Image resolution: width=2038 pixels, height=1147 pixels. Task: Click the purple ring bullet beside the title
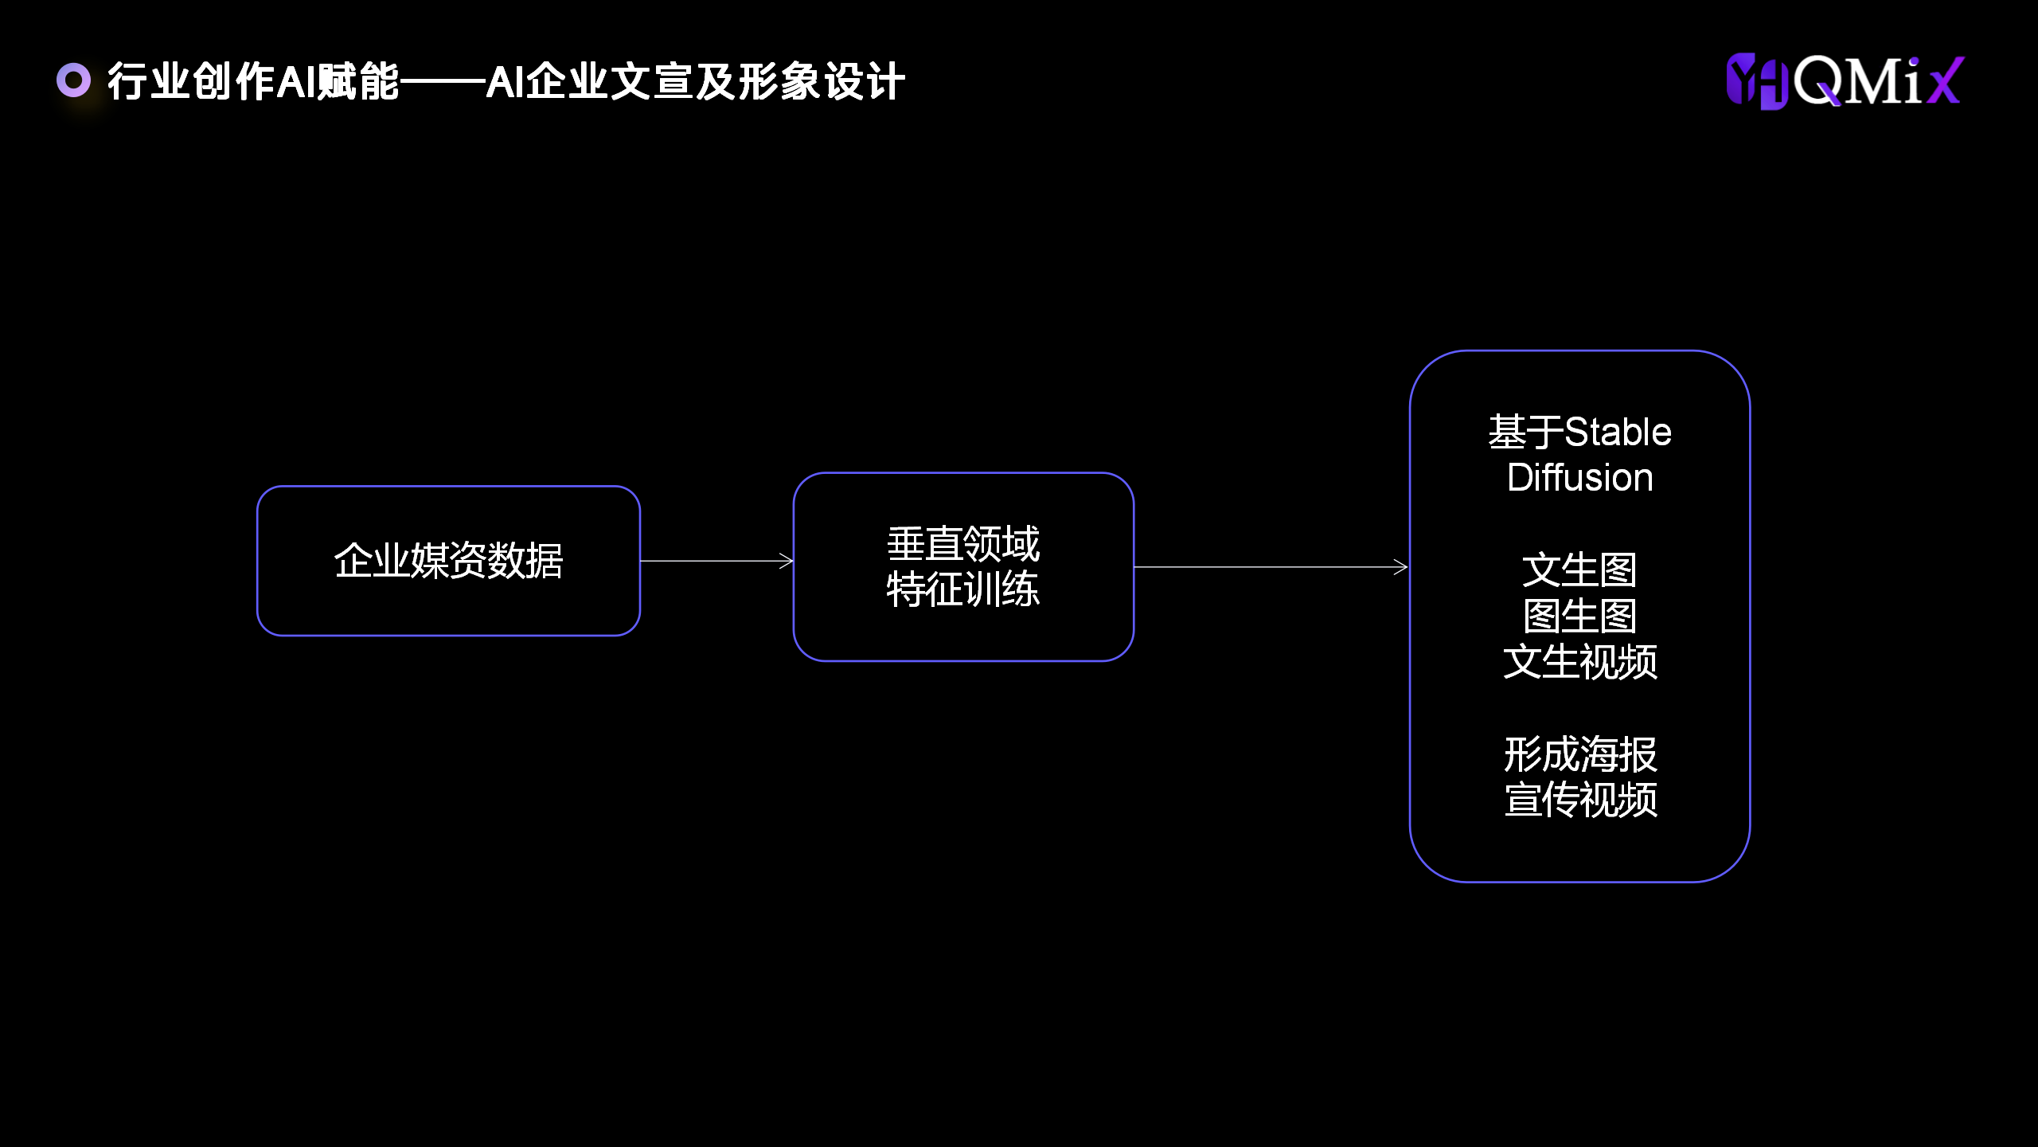click(74, 80)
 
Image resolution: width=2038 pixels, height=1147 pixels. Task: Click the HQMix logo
click(1845, 81)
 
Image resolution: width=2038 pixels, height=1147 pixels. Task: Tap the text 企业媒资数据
click(448, 561)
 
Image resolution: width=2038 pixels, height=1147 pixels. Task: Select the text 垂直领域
click(963, 544)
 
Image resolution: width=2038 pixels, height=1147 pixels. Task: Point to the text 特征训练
click(963, 589)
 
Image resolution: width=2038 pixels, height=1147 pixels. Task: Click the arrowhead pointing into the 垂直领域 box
click(787, 562)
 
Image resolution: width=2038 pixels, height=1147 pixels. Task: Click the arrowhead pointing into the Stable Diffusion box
click(1402, 567)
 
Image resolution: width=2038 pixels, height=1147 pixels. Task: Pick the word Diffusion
click(1579, 478)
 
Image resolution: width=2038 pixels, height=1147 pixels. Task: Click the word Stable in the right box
click(1618, 433)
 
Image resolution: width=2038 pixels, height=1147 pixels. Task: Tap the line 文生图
click(1579, 570)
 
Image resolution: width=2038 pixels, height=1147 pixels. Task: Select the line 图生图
click(1579, 616)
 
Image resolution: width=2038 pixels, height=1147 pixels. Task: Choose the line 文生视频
click(1579, 662)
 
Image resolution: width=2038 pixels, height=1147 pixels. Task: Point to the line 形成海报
click(1579, 754)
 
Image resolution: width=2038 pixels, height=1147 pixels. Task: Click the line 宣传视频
click(1579, 800)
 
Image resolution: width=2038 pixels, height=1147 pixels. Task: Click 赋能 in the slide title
click(358, 81)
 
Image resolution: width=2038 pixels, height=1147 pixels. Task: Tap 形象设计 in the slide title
click(822, 81)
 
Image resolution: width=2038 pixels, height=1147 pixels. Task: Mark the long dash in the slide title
click(443, 81)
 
